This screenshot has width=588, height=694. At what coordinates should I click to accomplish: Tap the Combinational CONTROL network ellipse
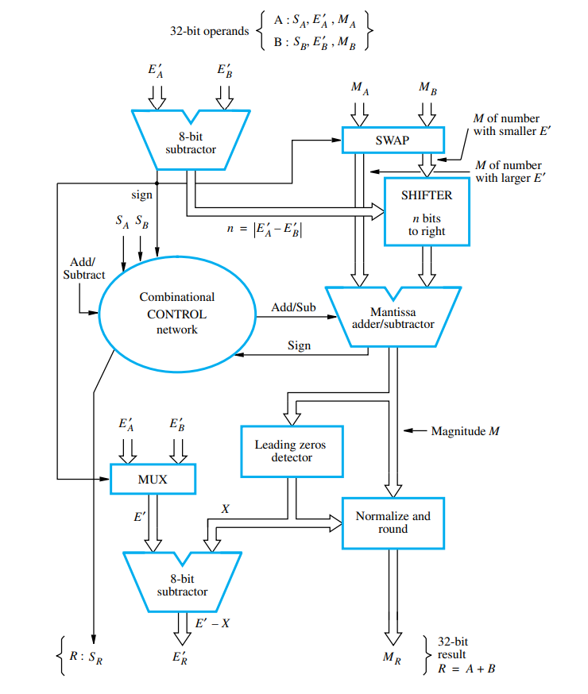pyautogui.click(x=176, y=313)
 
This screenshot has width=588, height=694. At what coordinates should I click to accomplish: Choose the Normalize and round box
pyautogui.click(x=393, y=522)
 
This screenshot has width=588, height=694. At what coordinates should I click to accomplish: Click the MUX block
pyautogui.click(x=153, y=480)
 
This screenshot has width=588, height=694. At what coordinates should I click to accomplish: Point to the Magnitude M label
pyautogui.click(x=465, y=431)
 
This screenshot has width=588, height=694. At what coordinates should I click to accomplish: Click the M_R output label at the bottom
pyautogui.click(x=393, y=657)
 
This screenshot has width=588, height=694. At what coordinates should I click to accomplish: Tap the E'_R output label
pyautogui.click(x=180, y=657)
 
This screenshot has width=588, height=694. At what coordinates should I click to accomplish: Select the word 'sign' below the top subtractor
pyautogui.click(x=141, y=195)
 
